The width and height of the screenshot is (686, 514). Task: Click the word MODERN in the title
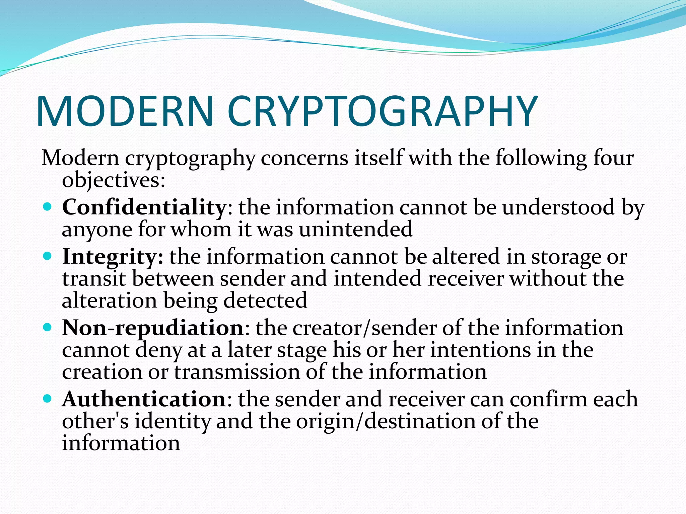coord(125,111)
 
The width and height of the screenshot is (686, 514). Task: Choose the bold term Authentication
coord(144,399)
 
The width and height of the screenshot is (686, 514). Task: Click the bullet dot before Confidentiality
coord(48,207)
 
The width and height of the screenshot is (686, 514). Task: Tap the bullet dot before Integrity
coord(48,256)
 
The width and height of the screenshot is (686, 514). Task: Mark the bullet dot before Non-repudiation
coord(48,327)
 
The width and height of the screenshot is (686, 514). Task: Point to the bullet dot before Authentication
coord(48,399)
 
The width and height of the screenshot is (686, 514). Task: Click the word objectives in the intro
coord(113,180)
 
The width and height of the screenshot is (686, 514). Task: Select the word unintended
coord(356,230)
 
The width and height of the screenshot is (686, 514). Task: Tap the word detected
coord(265,300)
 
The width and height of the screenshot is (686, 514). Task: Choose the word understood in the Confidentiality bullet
coord(558,207)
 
